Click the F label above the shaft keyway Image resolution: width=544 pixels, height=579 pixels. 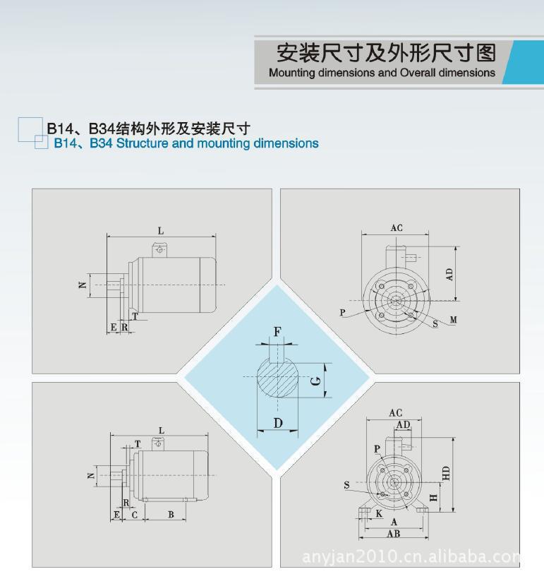(277, 332)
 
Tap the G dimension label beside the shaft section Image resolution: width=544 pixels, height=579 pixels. (316, 381)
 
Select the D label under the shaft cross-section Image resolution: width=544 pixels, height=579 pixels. (278, 423)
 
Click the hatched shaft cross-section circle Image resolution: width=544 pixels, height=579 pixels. (277, 376)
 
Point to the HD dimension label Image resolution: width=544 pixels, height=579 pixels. (446, 473)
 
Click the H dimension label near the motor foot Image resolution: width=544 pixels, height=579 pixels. (434, 498)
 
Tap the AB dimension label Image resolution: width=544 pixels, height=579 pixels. (394, 534)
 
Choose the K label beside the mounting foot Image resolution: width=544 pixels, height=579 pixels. (379, 513)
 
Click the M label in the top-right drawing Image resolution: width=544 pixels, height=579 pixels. (453, 320)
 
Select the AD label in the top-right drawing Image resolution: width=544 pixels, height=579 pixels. (449, 275)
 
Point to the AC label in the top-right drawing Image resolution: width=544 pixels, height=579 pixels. (397, 228)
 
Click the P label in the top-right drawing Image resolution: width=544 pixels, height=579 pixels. (342, 312)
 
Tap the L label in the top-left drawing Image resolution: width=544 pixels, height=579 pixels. (161, 231)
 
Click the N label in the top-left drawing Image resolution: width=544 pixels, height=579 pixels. (83, 285)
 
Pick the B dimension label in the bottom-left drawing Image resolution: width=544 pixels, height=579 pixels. (171, 514)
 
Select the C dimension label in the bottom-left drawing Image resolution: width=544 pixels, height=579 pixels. (134, 515)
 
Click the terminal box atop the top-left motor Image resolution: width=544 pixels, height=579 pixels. (159, 250)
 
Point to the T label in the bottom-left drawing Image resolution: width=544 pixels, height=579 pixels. (138, 444)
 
